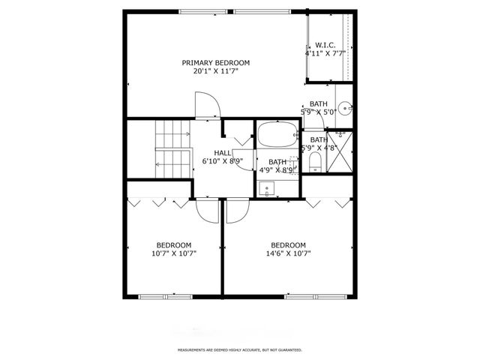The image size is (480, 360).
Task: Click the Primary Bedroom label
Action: point(216,63)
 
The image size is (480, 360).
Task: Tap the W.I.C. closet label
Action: point(324,45)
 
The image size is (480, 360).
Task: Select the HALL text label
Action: point(222,153)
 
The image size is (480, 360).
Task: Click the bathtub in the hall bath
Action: point(277,136)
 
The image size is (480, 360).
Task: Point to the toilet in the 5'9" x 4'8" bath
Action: point(315,161)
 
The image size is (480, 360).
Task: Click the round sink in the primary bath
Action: point(344,107)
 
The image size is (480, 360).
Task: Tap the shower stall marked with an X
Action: point(341,153)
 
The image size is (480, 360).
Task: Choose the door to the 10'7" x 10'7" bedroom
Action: point(206,210)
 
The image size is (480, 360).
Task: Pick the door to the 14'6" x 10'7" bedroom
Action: point(234,211)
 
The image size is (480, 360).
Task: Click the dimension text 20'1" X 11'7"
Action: point(216,72)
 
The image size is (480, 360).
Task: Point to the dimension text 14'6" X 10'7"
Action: point(289,253)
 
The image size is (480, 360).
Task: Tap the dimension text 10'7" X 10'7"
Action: point(173,253)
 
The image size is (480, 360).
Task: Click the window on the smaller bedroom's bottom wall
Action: point(161,297)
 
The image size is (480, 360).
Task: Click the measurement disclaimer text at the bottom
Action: point(239,350)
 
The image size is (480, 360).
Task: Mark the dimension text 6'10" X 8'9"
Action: point(222,161)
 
